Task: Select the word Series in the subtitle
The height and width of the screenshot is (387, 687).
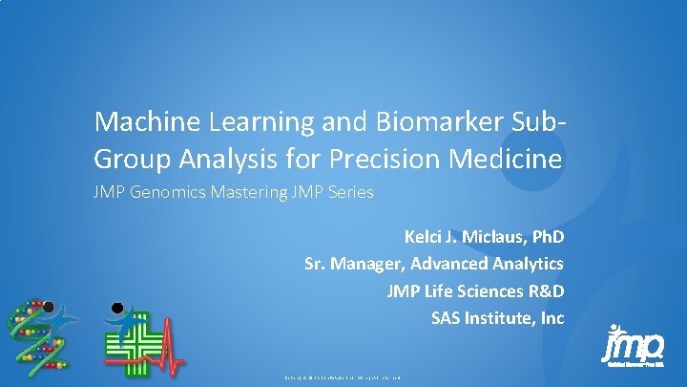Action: tap(349, 192)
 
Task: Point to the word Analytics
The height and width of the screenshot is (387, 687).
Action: tap(526, 263)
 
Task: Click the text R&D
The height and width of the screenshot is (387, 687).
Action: tap(541, 290)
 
